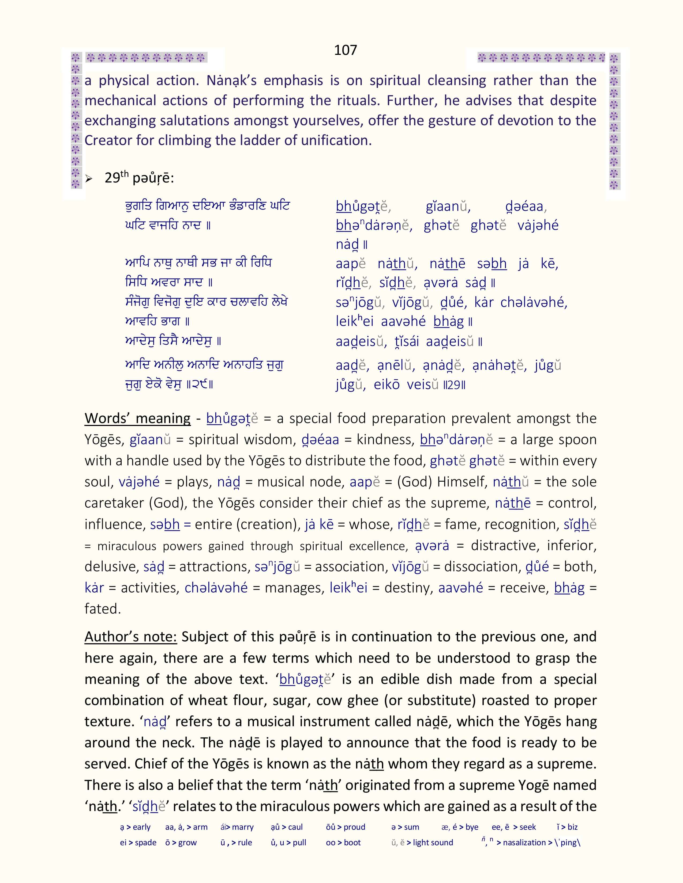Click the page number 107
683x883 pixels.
coord(345,50)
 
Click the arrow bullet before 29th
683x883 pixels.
coord(89,179)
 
